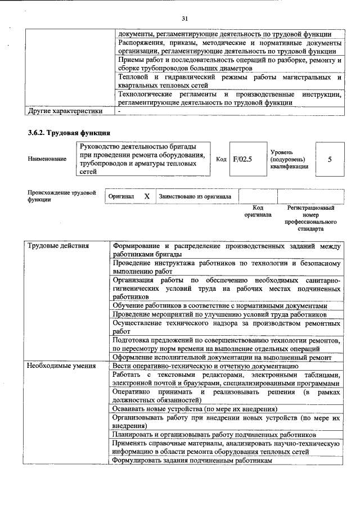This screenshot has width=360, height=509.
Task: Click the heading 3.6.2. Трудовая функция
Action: click(69, 133)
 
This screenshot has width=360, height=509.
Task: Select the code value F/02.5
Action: click(243, 159)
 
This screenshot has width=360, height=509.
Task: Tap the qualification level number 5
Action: click(330, 159)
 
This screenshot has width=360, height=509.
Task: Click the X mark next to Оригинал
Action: click(147, 196)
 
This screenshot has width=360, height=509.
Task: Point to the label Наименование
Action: click(47, 159)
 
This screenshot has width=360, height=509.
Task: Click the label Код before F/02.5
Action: click(221, 159)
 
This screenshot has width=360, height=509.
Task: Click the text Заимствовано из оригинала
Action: click(195, 196)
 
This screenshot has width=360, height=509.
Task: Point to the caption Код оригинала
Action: click(257, 211)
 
